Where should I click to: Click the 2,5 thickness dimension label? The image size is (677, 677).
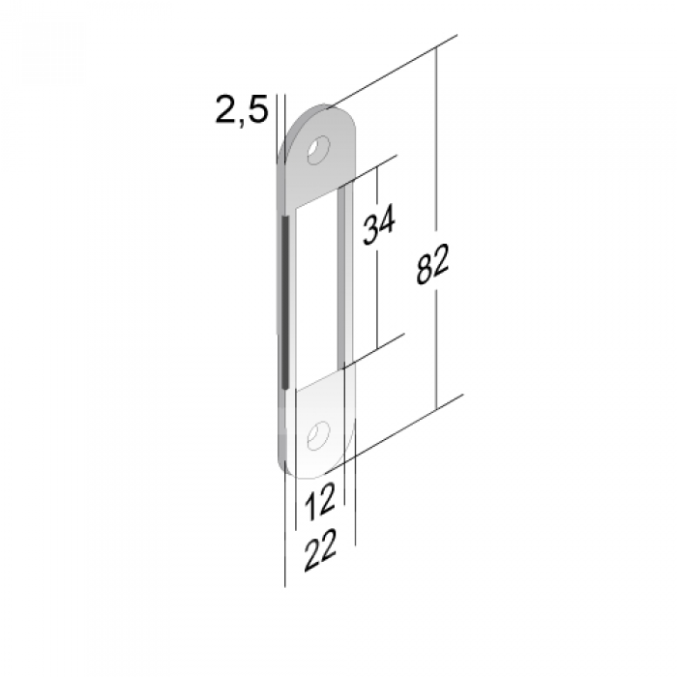242,110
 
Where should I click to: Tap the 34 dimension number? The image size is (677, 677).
378,224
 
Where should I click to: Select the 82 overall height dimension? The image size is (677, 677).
432,264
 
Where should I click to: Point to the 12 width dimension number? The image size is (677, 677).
319,501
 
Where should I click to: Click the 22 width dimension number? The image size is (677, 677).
320,550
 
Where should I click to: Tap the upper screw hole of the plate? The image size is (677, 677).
318,150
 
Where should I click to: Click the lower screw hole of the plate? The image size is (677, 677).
318,435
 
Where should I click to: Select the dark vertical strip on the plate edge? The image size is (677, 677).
284,302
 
